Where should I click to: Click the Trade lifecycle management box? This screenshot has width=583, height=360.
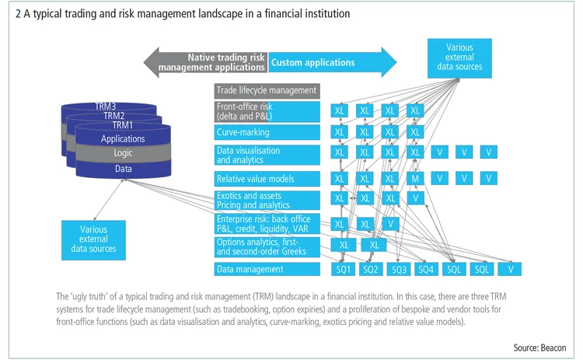pos(267,90)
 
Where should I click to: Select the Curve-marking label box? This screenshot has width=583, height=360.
pos(267,132)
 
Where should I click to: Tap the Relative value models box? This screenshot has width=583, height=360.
pos(267,179)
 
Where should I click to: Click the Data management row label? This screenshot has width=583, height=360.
pos(267,269)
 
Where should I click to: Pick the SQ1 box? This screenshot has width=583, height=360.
pos(344,269)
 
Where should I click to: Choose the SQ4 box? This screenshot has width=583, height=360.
pos(425,269)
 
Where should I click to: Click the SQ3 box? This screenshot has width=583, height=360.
pos(398,269)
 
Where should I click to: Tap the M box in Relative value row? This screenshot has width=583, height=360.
pos(416,179)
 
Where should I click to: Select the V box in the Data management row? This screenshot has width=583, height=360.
pos(510,269)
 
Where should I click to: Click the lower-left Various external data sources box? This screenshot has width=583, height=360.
pos(98,238)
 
